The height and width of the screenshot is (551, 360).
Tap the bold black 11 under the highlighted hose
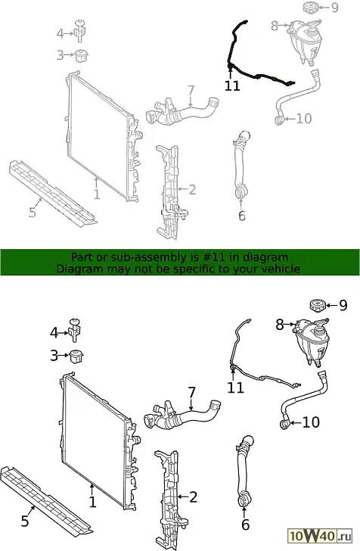click(231, 86)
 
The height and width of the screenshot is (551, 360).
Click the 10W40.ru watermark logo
click(320, 535)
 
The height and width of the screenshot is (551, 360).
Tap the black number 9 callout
click(343, 305)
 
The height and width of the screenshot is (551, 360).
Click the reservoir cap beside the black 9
click(318, 304)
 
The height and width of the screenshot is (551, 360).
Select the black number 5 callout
click(25, 521)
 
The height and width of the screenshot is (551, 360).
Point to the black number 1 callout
click(92, 502)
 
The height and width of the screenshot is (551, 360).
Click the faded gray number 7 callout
click(191, 91)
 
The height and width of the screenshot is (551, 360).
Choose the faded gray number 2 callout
click(192, 190)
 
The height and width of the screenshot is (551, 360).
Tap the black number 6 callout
click(246, 525)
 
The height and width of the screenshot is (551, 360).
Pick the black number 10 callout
click(311, 422)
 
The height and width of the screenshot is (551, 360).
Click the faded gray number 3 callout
click(60, 55)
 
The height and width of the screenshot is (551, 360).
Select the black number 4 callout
click(54, 332)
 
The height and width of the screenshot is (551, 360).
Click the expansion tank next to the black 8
click(312, 341)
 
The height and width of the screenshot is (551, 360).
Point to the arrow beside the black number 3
click(64, 355)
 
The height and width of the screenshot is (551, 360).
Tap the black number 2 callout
click(193, 497)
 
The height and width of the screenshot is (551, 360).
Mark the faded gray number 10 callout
click(304, 118)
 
